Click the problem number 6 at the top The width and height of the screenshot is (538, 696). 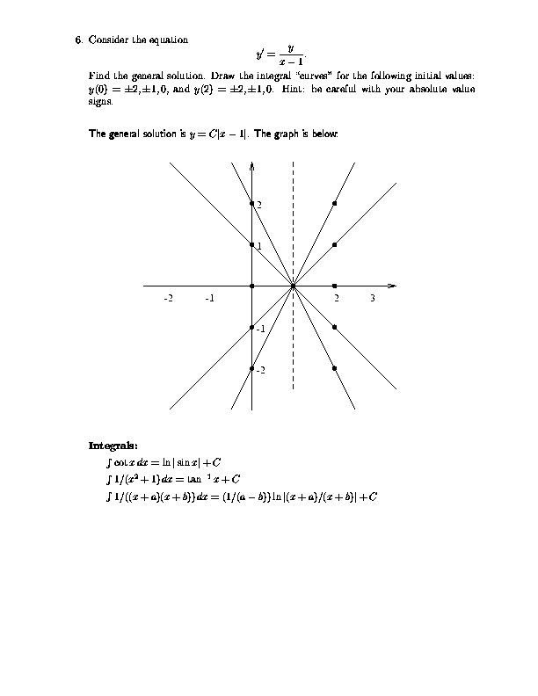coord(78,40)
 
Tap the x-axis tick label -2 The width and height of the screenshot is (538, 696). coord(168,299)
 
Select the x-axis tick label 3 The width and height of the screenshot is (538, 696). coord(373,299)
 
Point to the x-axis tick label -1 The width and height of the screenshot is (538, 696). coord(209,299)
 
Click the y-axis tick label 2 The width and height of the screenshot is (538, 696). coord(258,205)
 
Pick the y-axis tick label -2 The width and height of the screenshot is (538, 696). coord(260,370)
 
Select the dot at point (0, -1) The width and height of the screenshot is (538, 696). coord(252,327)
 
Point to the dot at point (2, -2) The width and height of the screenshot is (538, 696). coord(335,368)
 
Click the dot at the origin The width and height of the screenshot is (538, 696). coord(252,286)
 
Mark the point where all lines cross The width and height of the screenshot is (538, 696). coord(294,286)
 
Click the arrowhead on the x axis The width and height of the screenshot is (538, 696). coord(393,286)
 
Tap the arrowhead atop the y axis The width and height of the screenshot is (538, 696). coord(252,166)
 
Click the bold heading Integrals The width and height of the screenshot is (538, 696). coord(113,444)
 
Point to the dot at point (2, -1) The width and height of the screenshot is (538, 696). coord(335,327)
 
